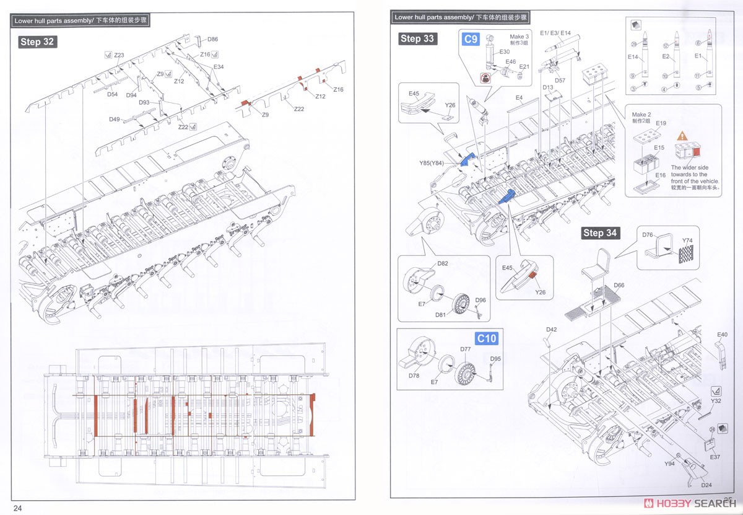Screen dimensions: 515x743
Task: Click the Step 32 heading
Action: point(38,42)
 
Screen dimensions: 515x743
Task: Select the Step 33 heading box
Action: point(417,38)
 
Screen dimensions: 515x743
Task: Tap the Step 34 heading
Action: point(601,233)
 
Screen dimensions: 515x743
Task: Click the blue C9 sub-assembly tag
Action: point(471,40)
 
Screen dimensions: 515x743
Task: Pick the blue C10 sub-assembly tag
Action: point(486,338)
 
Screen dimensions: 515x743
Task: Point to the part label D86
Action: point(212,39)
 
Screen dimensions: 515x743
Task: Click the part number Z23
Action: point(119,55)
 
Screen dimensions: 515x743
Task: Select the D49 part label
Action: point(115,119)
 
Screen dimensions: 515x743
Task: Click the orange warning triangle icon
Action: point(681,135)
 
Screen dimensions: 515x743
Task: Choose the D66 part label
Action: point(619,286)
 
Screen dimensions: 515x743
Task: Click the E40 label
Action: point(722,335)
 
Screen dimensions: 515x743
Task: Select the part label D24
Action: point(706,485)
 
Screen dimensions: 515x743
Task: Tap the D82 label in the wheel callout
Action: point(443,263)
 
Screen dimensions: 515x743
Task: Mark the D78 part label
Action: point(414,376)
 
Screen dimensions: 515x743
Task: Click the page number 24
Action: point(17,508)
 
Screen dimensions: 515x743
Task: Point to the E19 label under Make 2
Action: point(661,123)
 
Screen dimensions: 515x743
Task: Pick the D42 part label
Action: point(552,329)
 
